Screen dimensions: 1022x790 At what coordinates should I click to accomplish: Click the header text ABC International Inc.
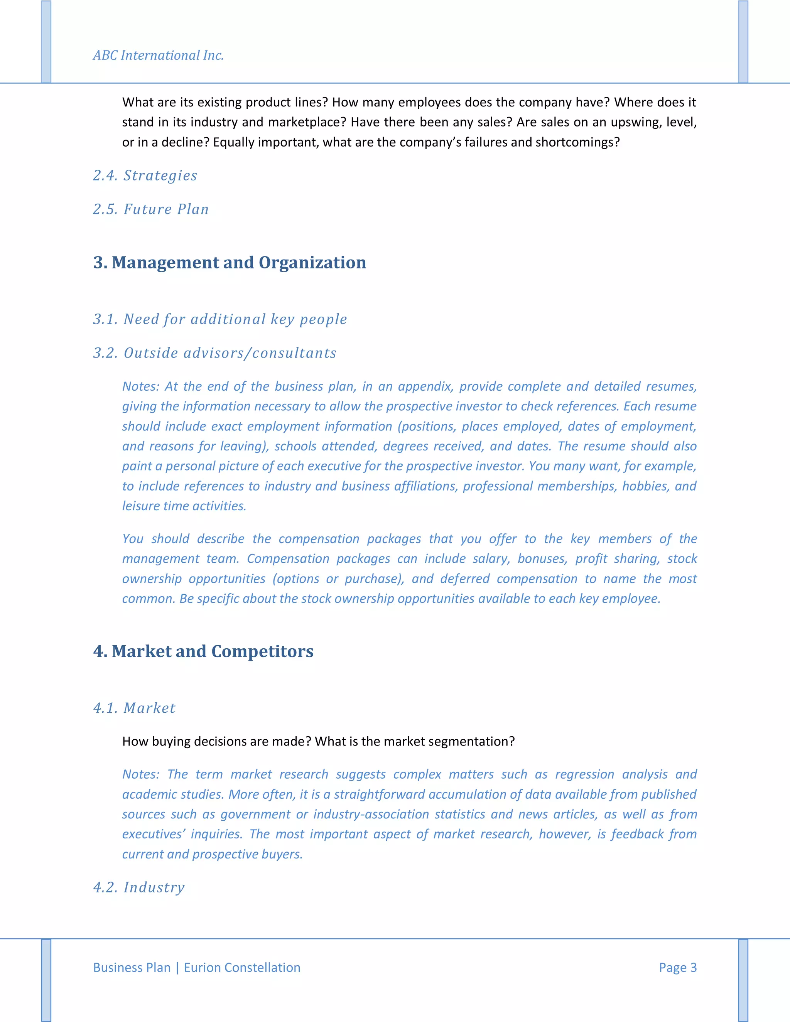click(158, 55)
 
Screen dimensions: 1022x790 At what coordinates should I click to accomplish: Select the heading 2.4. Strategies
click(145, 175)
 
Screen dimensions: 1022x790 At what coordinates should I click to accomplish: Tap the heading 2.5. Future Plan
click(151, 209)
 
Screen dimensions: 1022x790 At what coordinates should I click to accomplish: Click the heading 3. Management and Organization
click(230, 263)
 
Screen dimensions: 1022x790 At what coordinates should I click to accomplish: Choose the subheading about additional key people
click(220, 319)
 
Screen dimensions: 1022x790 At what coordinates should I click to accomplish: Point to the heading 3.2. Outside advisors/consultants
click(215, 353)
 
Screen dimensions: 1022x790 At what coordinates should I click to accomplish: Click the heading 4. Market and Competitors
click(203, 651)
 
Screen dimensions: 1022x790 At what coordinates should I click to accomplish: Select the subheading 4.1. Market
click(134, 708)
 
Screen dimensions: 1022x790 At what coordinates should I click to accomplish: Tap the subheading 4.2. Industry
click(139, 887)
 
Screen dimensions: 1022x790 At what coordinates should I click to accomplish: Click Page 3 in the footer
click(677, 967)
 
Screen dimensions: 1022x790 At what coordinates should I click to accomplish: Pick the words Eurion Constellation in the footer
click(242, 967)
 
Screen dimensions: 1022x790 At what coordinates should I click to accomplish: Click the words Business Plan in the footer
click(132, 967)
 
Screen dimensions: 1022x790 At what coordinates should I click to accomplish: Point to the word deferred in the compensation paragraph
click(464, 579)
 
